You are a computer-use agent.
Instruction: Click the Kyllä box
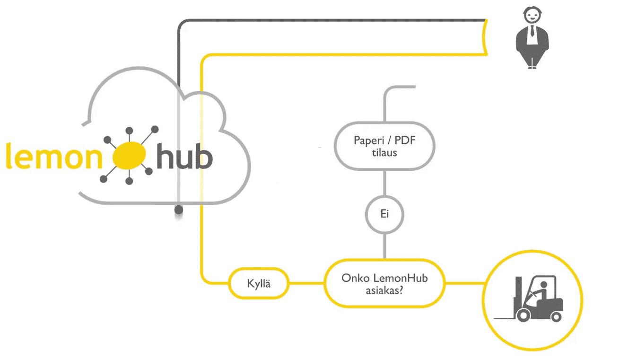259,284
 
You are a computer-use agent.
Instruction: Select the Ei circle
384,214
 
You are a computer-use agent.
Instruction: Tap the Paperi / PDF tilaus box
384,146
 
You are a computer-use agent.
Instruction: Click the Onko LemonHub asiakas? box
384,283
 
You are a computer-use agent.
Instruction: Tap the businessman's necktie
533,32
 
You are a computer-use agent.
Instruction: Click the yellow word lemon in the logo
52,157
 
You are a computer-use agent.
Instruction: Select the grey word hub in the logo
184,157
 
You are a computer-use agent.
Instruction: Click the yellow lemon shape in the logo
127,156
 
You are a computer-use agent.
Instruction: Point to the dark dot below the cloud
178,209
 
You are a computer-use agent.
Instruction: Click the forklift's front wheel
524,315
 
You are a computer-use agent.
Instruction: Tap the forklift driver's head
544,285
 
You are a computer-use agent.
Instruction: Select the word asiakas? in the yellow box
384,290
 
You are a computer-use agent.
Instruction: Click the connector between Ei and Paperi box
384,183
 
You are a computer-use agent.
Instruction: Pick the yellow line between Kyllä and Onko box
306,284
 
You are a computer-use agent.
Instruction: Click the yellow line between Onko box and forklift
463,283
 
